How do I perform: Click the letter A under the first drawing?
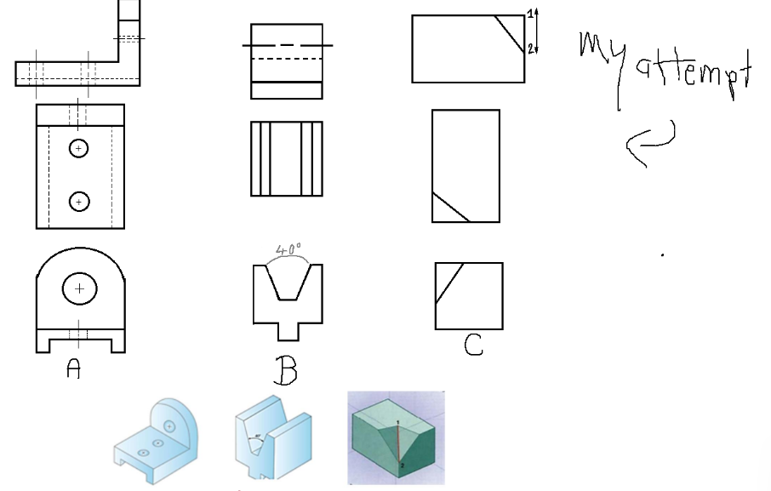click(x=74, y=369)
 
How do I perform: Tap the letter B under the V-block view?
click(x=286, y=371)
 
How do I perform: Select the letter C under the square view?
click(x=473, y=345)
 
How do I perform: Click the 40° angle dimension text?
click(x=288, y=250)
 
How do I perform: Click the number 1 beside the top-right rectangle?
click(x=529, y=13)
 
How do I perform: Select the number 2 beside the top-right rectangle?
click(x=529, y=49)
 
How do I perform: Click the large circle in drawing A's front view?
click(x=79, y=289)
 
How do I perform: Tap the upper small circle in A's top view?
click(x=78, y=148)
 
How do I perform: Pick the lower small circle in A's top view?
click(x=78, y=202)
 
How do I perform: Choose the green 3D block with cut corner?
click(x=396, y=437)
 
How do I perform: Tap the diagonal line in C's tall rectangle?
click(x=451, y=208)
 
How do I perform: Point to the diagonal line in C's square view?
click(x=448, y=283)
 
